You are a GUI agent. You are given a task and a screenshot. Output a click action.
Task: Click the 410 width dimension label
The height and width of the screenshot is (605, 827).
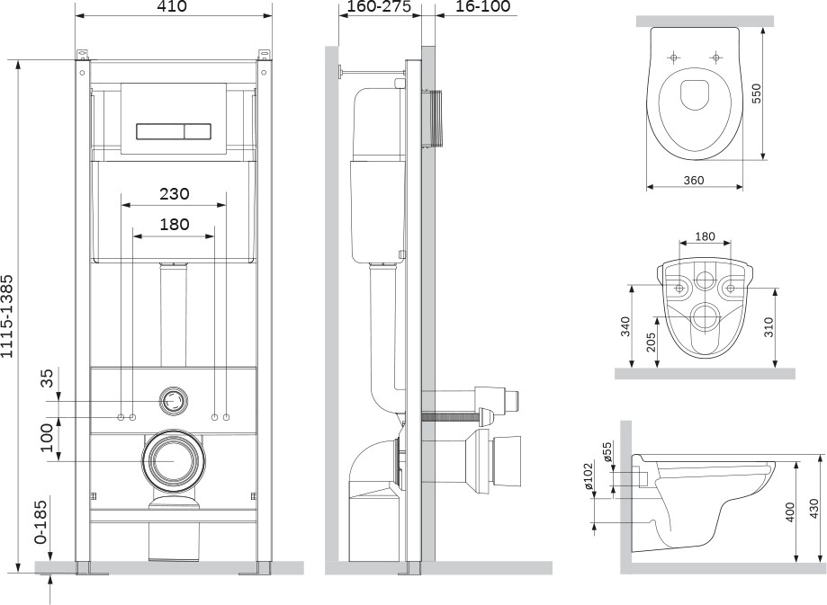[171, 7]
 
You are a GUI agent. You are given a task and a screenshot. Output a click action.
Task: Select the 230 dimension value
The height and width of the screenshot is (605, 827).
[175, 194]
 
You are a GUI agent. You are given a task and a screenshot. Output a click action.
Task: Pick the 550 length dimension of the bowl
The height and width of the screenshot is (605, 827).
[756, 93]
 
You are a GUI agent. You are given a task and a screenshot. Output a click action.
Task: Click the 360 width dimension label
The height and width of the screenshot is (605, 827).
[694, 180]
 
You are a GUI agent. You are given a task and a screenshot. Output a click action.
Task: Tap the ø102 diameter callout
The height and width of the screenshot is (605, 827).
[589, 476]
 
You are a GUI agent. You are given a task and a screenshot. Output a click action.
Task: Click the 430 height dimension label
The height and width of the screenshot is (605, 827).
[814, 509]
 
